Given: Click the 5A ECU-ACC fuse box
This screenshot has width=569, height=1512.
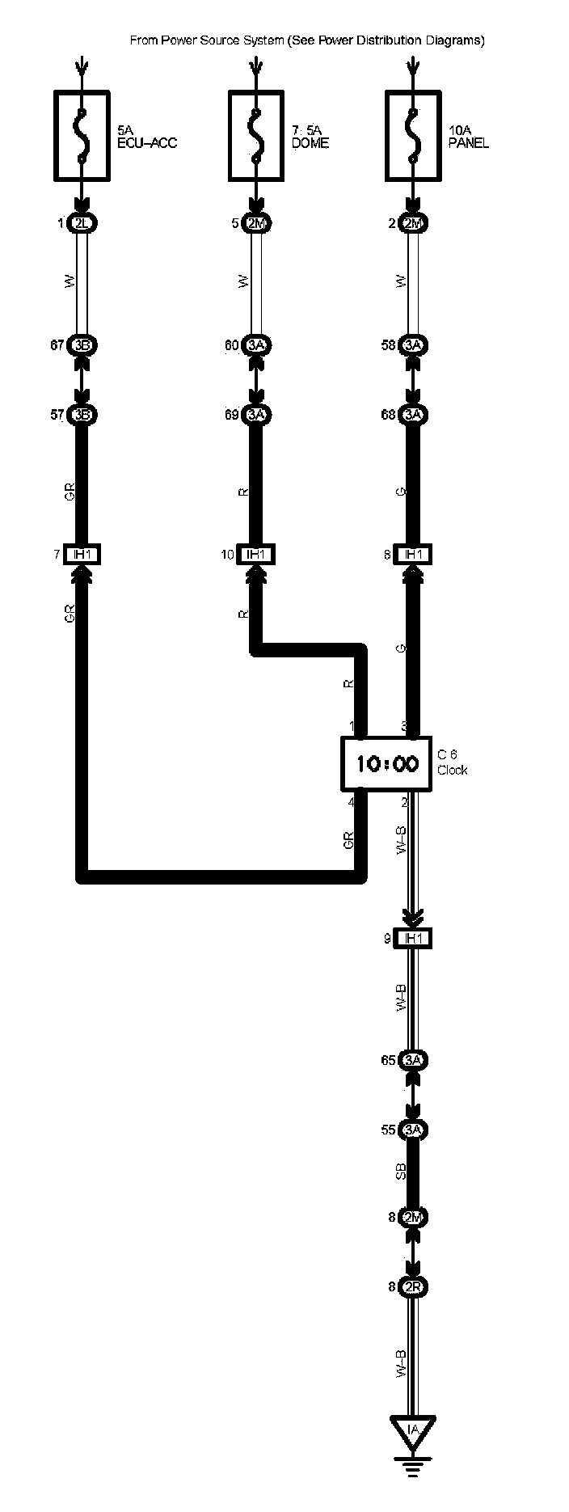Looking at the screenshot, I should pyautogui.click(x=82, y=135).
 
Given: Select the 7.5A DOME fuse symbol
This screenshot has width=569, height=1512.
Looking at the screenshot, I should pyautogui.click(x=256, y=135).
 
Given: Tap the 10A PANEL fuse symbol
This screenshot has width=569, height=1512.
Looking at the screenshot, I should pyautogui.click(x=414, y=135).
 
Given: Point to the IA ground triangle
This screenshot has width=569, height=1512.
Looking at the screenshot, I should pyautogui.click(x=413, y=1430).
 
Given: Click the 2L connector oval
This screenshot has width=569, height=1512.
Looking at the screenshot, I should pyautogui.click(x=82, y=224).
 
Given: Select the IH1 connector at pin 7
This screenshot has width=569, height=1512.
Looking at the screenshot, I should pyautogui.click(x=82, y=555).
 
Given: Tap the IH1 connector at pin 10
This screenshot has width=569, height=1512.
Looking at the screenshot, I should pyautogui.click(x=256, y=555).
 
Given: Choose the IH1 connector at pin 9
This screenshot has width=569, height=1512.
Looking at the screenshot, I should pyautogui.click(x=413, y=938).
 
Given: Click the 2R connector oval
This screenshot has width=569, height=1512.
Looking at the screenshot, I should pyautogui.click(x=413, y=1287).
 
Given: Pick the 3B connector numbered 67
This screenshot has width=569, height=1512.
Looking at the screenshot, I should pyautogui.click(x=82, y=346).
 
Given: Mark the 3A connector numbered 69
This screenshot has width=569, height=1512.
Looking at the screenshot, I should pyautogui.click(x=256, y=415).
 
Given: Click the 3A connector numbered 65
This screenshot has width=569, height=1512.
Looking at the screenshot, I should pyautogui.click(x=413, y=1060).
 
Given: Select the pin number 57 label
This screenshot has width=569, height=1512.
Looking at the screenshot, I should pyautogui.click(x=58, y=416).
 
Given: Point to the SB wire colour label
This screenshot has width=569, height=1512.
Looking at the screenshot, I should pyautogui.click(x=401, y=1172).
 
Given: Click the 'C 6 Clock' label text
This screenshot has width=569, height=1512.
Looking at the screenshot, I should pyautogui.click(x=453, y=762).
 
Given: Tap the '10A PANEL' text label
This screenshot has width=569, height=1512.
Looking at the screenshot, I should pyautogui.click(x=469, y=137).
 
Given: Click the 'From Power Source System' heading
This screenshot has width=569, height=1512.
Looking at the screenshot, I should pyautogui.click(x=307, y=40).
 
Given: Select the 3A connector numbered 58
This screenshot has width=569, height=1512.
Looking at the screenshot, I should pyautogui.click(x=414, y=346).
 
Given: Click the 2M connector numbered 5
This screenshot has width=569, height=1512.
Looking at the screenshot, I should pyautogui.click(x=256, y=224).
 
